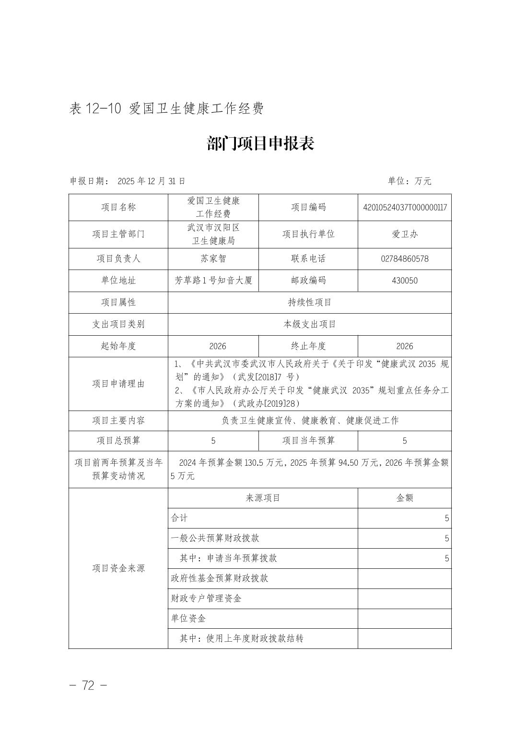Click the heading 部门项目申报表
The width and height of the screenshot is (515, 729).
pyautogui.click(x=260, y=143)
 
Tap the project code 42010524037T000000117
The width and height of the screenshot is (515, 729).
pyautogui.click(x=405, y=207)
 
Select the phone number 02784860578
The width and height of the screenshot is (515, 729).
pyautogui.click(x=405, y=259)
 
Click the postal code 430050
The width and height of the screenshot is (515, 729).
pyautogui.click(x=405, y=281)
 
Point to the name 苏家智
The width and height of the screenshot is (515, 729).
pyautogui.click(x=213, y=259)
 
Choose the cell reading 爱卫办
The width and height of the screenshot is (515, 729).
pyautogui.click(x=405, y=234)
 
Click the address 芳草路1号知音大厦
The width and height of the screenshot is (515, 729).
pyautogui.click(x=213, y=281)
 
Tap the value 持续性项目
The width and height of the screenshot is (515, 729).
pyautogui.click(x=309, y=302)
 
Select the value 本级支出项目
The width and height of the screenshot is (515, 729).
pyautogui.click(x=309, y=324)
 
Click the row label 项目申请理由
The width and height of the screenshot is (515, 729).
pyautogui.click(x=118, y=384)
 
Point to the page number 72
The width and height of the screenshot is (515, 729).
pyautogui.click(x=88, y=685)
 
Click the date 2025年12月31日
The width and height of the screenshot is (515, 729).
pyautogui.click(x=151, y=181)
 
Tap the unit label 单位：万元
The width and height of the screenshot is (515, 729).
pyautogui.click(x=410, y=181)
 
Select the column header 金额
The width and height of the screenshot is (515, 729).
pyautogui.click(x=405, y=498)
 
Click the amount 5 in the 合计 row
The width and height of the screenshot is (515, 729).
pyautogui.click(x=446, y=518)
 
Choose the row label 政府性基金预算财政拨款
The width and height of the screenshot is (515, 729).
pyautogui.click(x=220, y=578)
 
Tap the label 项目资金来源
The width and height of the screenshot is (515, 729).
pyautogui.click(x=118, y=568)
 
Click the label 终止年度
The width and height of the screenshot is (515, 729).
pyautogui.click(x=308, y=346)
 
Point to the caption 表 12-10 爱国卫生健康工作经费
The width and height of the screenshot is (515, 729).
pyautogui.click(x=166, y=108)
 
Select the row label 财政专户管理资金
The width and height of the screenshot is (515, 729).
pyautogui.click(x=206, y=599)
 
